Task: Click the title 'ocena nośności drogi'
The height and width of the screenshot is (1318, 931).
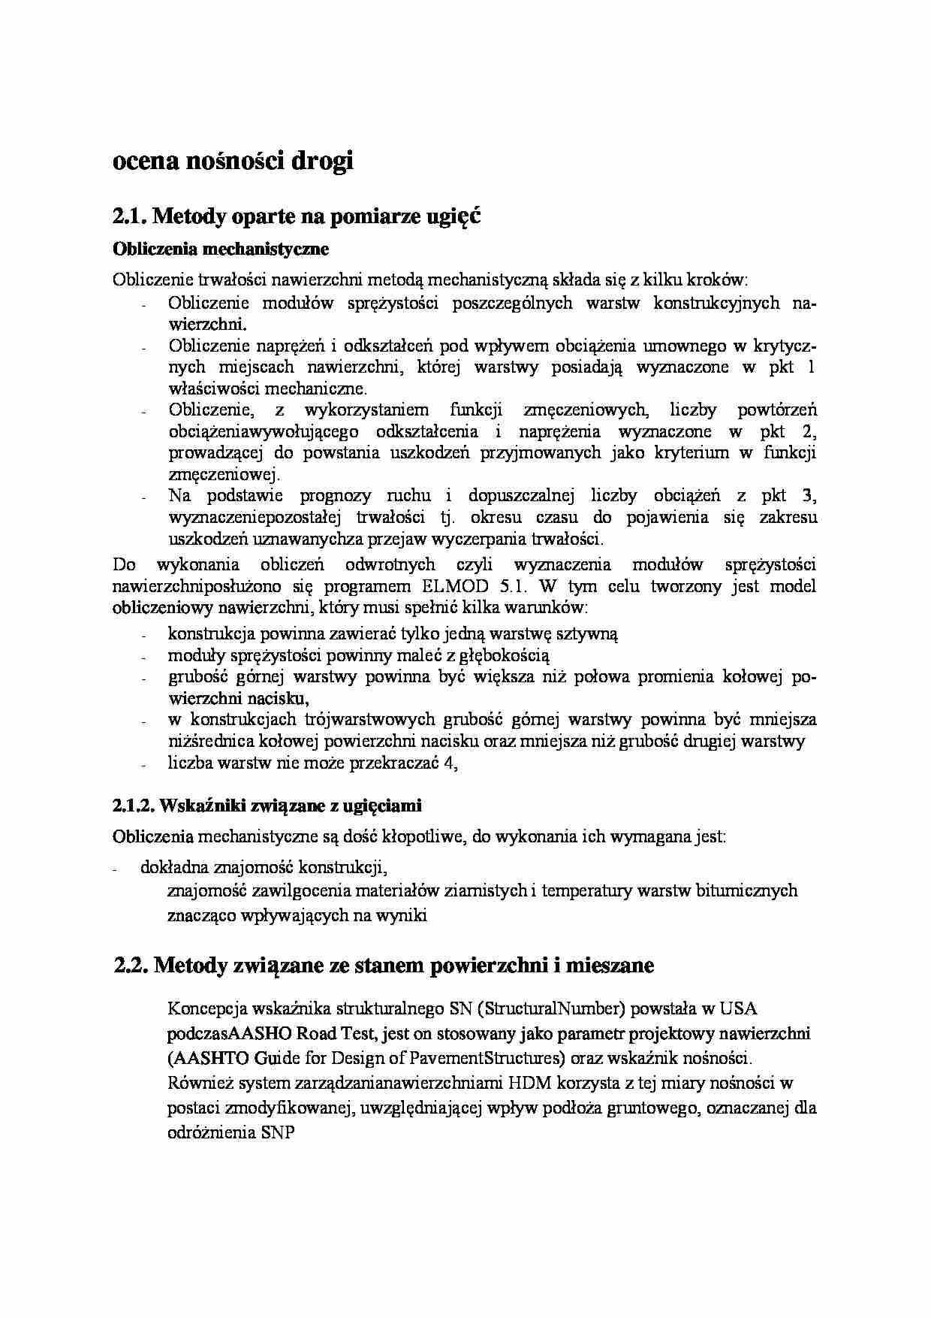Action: point(233,161)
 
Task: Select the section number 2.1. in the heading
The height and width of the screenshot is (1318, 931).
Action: point(130,216)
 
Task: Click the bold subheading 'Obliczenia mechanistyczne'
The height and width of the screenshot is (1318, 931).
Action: point(221,248)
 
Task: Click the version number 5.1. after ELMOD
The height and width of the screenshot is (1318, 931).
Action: point(514,586)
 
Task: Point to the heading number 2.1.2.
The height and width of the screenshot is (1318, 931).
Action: point(134,806)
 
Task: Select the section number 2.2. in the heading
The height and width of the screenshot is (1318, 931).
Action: point(131,966)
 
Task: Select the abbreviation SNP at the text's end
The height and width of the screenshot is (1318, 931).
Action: point(278,1132)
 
